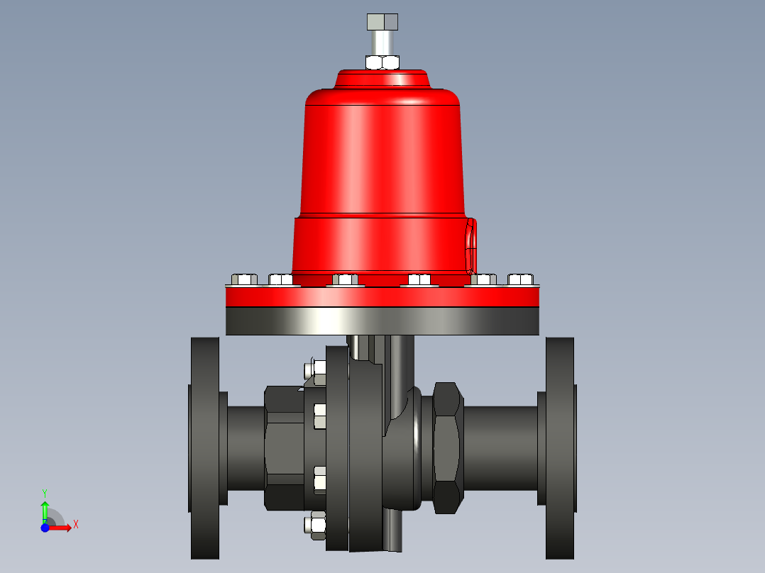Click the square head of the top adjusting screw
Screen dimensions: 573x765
tap(382, 21)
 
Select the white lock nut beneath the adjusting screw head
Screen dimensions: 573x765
tap(382, 62)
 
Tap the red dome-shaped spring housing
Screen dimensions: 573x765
tap(383, 149)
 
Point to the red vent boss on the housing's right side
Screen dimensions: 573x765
tap(470, 246)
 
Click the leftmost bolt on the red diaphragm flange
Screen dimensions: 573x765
tap(243, 279)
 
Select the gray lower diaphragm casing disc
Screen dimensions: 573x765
tap(382, 321)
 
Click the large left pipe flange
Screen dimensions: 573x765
tap(204, 448)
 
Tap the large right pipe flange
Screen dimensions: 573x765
tap(559, 448)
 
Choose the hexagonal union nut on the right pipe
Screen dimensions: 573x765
tap(448, 447)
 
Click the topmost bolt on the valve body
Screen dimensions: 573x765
tap(315, 370)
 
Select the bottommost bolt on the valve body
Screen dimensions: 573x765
tap(315, 525)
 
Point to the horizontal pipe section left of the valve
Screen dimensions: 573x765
tap(246, 447)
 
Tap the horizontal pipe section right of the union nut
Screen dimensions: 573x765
tap(500, 447)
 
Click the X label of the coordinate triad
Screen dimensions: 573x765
tap(76, 525)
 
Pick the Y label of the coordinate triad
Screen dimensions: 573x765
tap(44, 492)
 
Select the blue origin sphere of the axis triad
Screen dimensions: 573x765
tap(45, 528)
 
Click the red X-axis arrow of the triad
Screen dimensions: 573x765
tap(62, 528)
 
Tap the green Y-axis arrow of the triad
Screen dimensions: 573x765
tap(45, 509)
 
